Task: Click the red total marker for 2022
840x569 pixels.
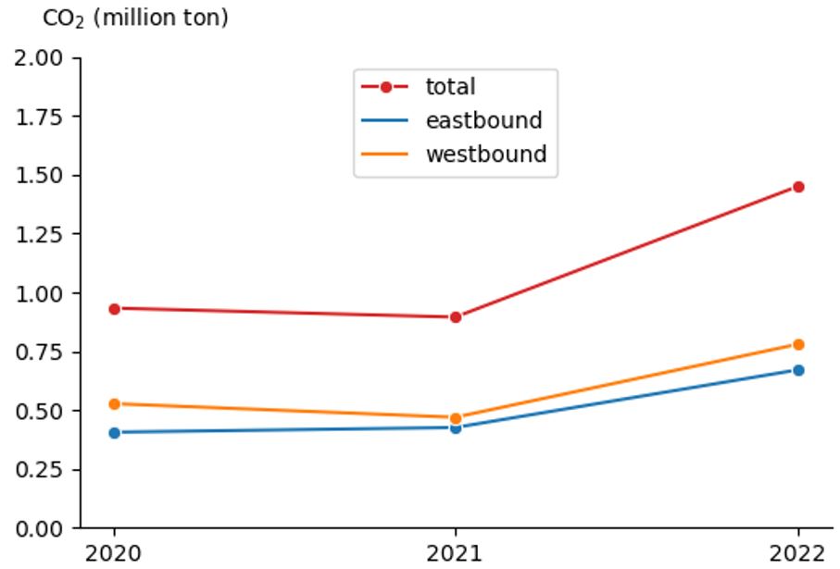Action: point(798,187)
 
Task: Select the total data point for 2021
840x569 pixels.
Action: point(456,317)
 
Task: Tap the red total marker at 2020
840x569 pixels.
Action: point(114,309)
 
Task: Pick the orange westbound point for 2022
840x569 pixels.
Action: point(798,344)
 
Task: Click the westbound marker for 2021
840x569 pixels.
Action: point(456,418)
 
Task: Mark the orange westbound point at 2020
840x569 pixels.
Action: point(114,404)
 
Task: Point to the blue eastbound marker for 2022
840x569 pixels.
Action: point(798,370)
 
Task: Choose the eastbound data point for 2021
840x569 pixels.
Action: point(456,427)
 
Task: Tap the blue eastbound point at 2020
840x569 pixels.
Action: point(114,432)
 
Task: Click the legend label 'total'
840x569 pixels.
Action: point(450,87)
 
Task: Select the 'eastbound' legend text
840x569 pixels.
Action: point(483,120)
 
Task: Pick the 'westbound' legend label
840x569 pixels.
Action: point(486,154)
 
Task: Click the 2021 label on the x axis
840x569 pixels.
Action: point(456,553)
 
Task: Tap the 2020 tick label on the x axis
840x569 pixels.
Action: point(114,553)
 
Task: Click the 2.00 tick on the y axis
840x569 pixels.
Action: point(40,58)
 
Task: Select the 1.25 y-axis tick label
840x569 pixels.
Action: point(40,234)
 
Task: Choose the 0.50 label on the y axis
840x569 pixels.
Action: point(40,411)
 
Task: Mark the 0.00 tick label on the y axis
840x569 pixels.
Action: point(40,528)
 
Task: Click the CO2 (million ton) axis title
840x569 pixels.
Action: point(135,18)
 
